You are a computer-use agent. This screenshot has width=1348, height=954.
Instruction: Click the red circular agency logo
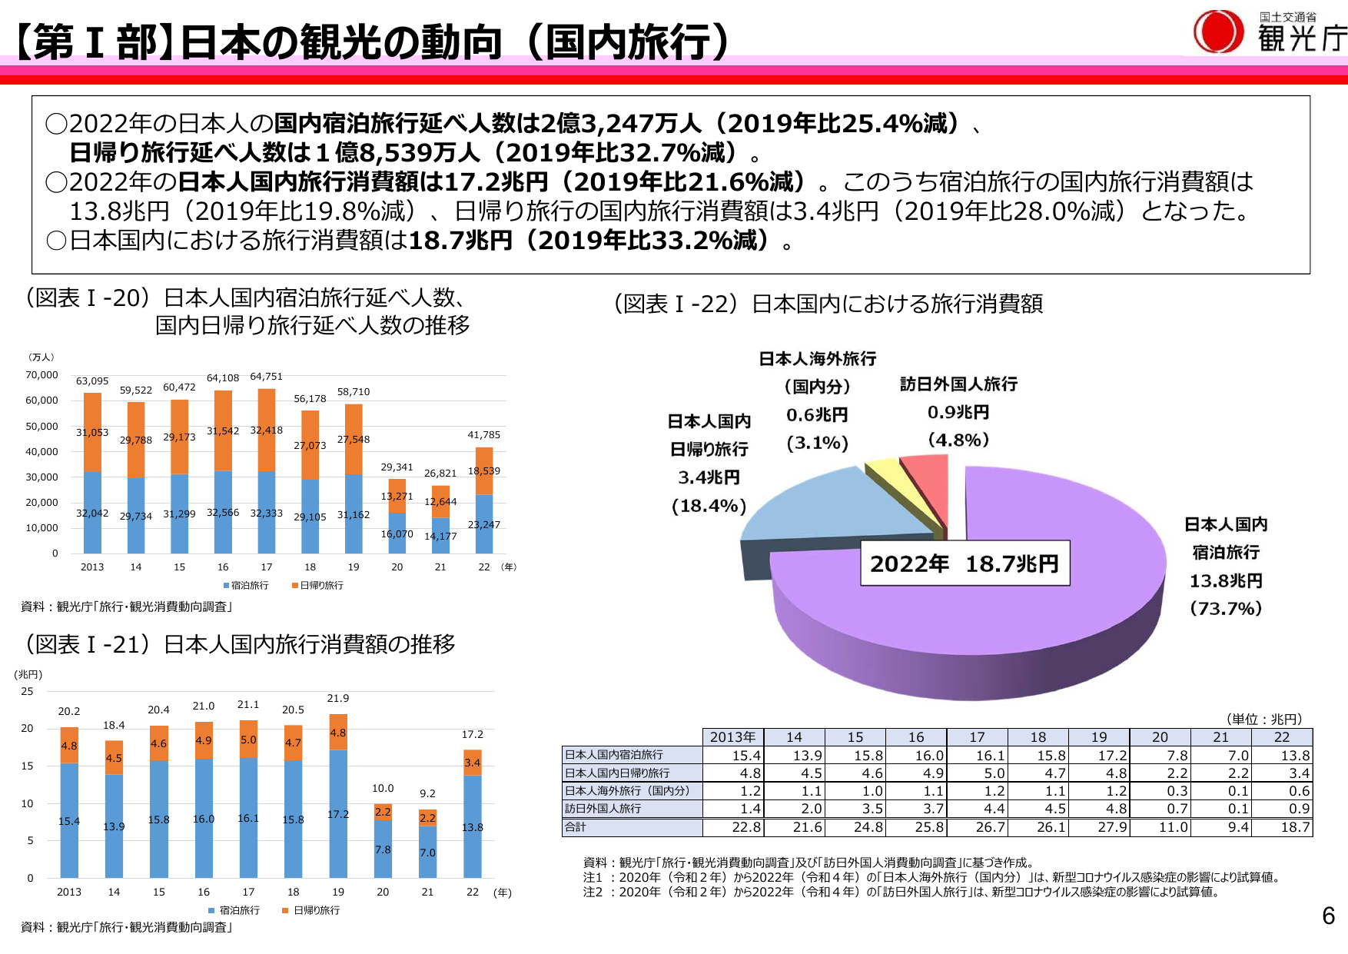point(1218,32)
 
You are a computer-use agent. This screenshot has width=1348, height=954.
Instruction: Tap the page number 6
point(1328,916)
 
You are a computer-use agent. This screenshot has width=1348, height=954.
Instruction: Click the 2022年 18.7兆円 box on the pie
point(965,563)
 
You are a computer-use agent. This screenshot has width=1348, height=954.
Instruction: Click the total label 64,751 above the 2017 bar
point(266,377)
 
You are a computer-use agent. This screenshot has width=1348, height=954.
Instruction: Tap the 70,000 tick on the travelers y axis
point(42,375)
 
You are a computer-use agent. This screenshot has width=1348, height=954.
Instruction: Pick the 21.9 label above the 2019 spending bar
point(338,699)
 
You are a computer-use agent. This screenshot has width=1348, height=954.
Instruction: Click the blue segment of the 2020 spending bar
point(383,849)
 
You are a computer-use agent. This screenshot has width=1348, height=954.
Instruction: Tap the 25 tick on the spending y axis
point(28,692)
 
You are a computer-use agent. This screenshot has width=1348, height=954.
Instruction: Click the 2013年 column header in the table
point(732,737)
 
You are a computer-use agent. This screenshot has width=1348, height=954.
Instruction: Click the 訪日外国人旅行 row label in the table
point(603,809)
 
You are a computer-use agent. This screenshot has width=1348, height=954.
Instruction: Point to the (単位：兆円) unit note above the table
point(1264,720)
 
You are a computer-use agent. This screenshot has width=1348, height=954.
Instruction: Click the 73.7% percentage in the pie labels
point(1226,609)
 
